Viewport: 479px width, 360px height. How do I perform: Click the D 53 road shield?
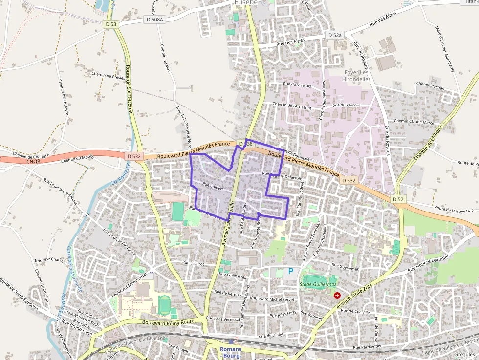click(111, 24)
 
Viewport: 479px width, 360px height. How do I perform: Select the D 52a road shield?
click(335, 35)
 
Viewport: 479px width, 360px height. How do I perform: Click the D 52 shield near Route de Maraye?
click(398, 199)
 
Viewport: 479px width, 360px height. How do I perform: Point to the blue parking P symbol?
click(291, 271)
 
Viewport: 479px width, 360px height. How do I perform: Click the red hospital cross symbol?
click(337, 296)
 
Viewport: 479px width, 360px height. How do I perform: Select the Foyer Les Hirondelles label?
click(356, 76)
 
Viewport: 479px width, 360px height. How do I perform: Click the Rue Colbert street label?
click(213, 186)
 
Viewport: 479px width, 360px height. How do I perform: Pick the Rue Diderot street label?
click(193, 263)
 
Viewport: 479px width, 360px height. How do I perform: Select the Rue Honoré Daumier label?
click(428, 264)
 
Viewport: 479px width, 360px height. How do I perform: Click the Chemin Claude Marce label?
click(414, 121)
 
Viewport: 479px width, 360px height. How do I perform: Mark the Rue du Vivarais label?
click(297, 85)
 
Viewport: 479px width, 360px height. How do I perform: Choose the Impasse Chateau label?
click(51, 260)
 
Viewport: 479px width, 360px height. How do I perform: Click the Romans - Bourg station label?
click(230, 352)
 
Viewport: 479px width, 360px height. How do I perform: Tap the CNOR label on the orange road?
click(34, 161)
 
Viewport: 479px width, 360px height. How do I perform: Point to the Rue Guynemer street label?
click(346, 267)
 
